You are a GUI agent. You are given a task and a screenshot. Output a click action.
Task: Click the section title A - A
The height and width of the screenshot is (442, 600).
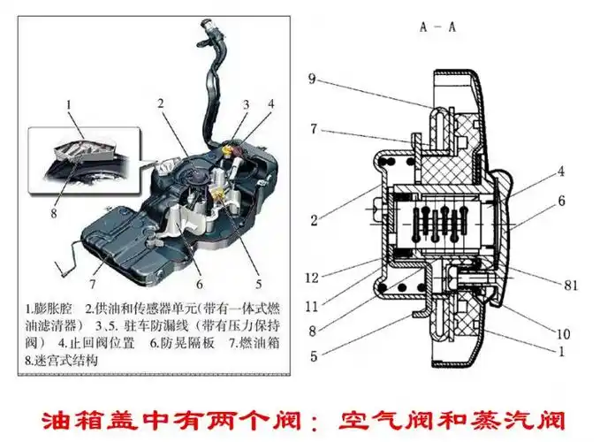click(x=437, y=27)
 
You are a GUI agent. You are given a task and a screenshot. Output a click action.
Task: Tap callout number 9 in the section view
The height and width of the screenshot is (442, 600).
click(x=312, y=80)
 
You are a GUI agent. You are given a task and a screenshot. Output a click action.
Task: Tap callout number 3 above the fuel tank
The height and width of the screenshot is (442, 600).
click(x=247, y=103)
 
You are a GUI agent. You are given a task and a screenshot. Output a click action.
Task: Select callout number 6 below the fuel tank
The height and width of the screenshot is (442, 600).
click(x=200, y=284)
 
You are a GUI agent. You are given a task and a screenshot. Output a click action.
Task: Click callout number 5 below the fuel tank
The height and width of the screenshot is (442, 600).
click(x=258, y=284)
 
